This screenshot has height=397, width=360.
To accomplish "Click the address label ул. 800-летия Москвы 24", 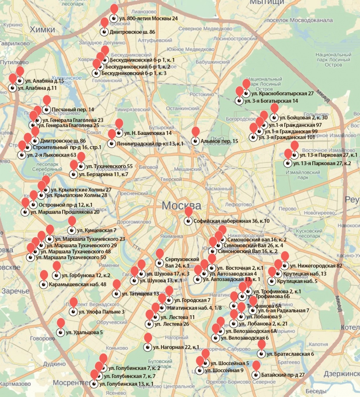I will pos(148,18).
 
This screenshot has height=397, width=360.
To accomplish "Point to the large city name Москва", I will pos(182,205).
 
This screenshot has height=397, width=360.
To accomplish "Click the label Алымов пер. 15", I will pos(220,142).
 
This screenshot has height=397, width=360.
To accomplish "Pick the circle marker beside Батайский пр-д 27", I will pos(255,375).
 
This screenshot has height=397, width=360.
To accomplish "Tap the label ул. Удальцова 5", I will pos(84,332).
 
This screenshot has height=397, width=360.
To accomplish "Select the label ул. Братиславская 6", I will pos(290,354).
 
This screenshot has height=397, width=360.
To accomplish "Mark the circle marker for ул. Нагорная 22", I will pos(147,347).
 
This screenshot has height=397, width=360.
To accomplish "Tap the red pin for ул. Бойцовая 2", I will pos(274,109).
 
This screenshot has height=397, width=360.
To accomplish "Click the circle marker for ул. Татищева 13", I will pos(116,294).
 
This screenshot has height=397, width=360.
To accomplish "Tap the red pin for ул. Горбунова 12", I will pos(57,267).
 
